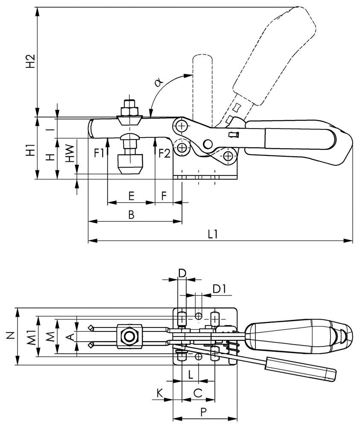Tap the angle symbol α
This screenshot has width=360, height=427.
tap(158, 82)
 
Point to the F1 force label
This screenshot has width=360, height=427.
tap(99, 153)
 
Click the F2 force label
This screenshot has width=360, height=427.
tap(164, 153)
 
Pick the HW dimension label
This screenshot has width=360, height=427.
tap(70, 153)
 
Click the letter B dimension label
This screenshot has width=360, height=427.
tap(131, 215)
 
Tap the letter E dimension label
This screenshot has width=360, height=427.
tap(131, 196)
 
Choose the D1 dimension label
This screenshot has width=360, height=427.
tap(220, 289)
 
